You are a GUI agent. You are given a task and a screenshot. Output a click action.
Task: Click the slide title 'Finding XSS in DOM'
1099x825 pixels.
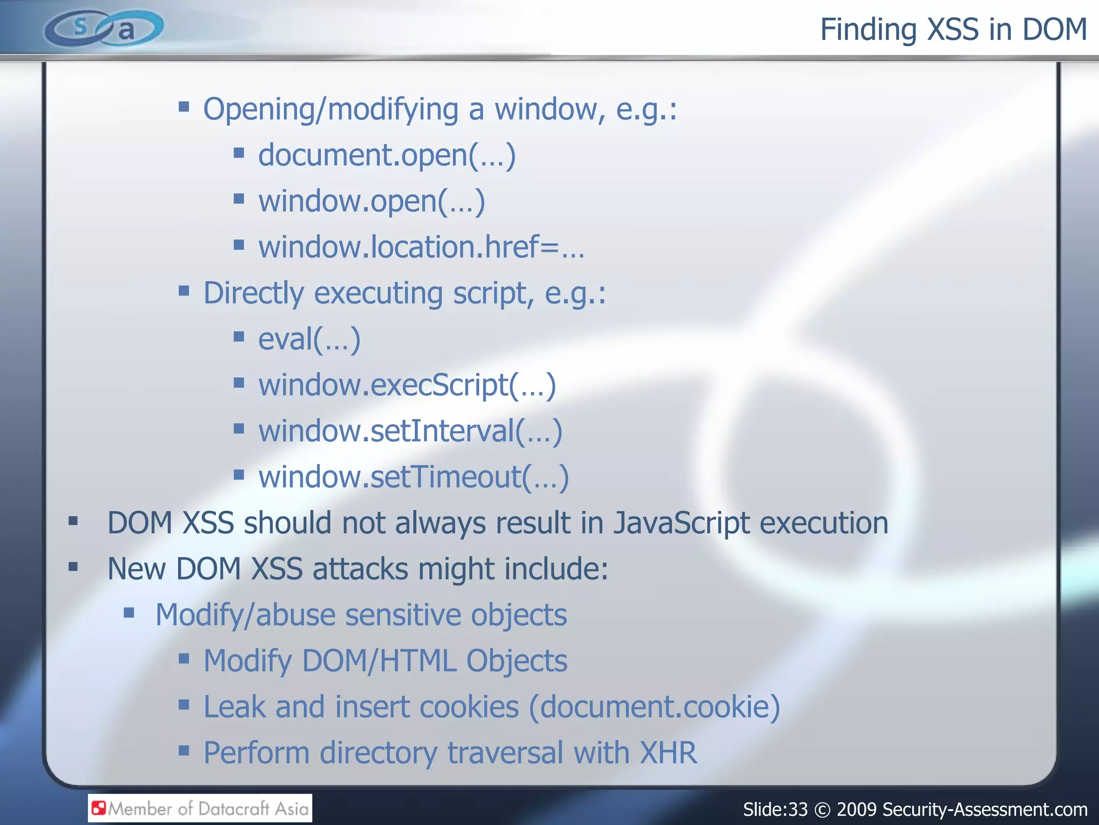pyautogui.click(x=953, y=30)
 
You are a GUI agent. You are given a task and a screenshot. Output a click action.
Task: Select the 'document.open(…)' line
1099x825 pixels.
pyautogui.click(x=386, y=156)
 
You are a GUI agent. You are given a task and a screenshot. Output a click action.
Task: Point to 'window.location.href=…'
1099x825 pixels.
pyautogui.click(x=421, y=248)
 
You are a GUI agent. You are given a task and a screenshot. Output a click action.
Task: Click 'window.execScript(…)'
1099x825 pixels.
pyautogui.click(x=407, y=386)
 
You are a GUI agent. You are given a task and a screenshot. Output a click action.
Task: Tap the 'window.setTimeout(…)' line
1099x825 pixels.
pyautogui.click(x=413, y=477)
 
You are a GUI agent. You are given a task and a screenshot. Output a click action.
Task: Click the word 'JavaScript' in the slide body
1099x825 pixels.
pyautogui.click(x=682, y=524)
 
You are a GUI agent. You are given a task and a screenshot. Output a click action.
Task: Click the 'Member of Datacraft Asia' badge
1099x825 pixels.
pyautogui.click(x=200, y=808)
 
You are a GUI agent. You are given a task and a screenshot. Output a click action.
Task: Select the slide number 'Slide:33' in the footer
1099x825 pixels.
pyautogui.click(x=775, y=809)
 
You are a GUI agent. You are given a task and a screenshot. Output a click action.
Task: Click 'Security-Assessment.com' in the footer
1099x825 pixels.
pyautogui.click(x=985, y=809)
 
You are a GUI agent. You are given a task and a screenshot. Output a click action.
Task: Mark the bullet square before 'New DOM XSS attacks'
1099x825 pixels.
pyautogui.click(x=74, y=567)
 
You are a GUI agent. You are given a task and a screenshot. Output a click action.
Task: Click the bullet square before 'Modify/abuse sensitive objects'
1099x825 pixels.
pyautogui.click(x=129, y=613)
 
